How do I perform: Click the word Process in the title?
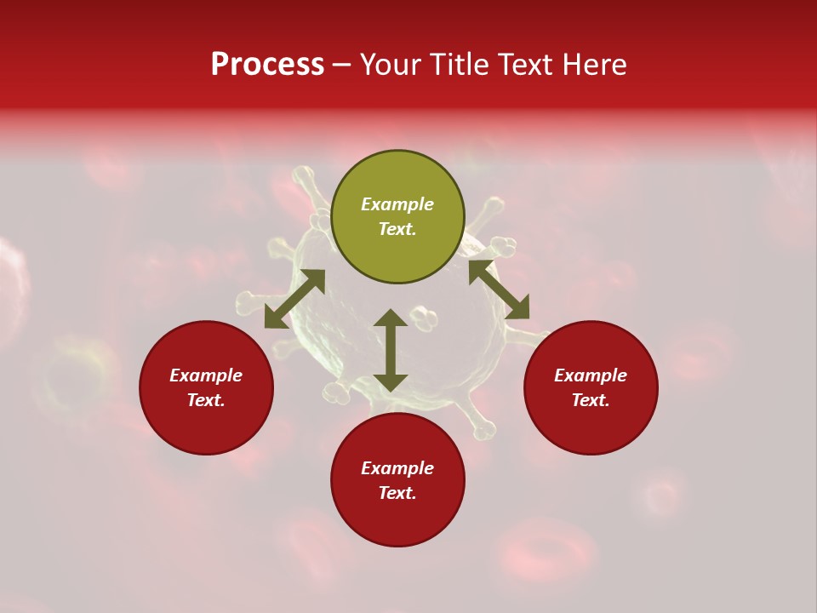click(x=267, y=65)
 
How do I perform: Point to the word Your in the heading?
click(x=391, y=65)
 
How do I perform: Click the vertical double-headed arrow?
click(x=391, y=350)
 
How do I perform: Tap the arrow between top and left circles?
click(x=294, y=299)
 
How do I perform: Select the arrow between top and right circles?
click(x=499, y=289)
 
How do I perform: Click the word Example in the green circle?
click(x=397, y=204)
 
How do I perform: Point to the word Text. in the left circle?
click(x=206, y=400)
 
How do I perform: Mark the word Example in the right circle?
click(x=591, y=375)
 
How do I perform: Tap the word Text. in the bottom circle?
click(x=397, y=493)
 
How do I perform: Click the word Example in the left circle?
click(x=206, y=375)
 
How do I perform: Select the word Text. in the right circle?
click(x=591, y=400)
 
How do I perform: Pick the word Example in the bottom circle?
click(x=397, y=468)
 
